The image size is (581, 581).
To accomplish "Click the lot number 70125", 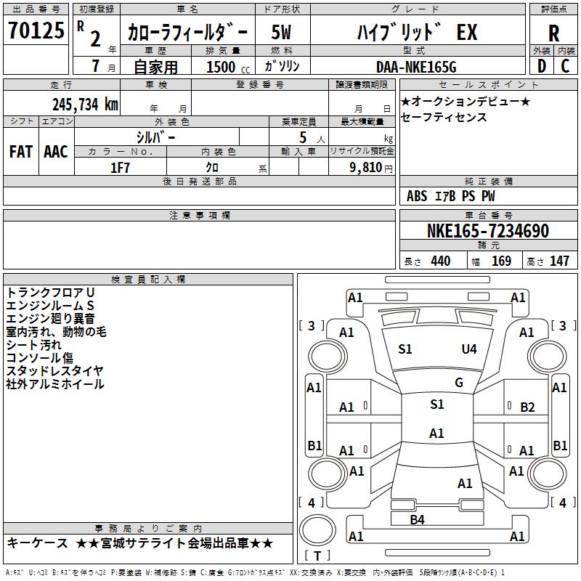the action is click(x=36, y=30).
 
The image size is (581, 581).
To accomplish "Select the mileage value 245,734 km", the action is click(x=85, y=105).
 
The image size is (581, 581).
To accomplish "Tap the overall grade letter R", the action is click(x=553, y=33).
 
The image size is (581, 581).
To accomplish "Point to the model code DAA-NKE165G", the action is click(x=416, y=67).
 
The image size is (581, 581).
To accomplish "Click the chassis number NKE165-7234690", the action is click(x=488, y=231).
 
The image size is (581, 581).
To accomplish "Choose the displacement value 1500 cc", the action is click(x=228, y=67).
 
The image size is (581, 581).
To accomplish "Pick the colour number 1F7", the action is click(x=120, y=168).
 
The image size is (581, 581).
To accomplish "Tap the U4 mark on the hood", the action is click(x=469, y=349).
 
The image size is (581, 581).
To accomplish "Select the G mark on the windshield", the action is click(x=459, y=382).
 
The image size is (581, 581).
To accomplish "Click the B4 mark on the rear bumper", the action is click(x=417, y=519).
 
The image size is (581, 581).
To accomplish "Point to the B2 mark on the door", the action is click(x=527, y=407).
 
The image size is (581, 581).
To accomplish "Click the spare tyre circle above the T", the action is click(x=317, y=529).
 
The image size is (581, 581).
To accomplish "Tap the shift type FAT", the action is click(x=21, y=152).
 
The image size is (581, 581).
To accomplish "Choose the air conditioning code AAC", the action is click(x=56, y=152).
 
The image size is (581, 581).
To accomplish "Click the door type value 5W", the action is click(x=281, y=32).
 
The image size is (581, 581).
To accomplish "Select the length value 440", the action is click(x=441, y=261).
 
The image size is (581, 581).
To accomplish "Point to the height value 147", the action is click(x=559, y=261).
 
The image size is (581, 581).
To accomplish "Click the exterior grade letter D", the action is click(x=542, y=66).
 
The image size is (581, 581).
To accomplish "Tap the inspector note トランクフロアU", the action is click(x=50, y=293).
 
